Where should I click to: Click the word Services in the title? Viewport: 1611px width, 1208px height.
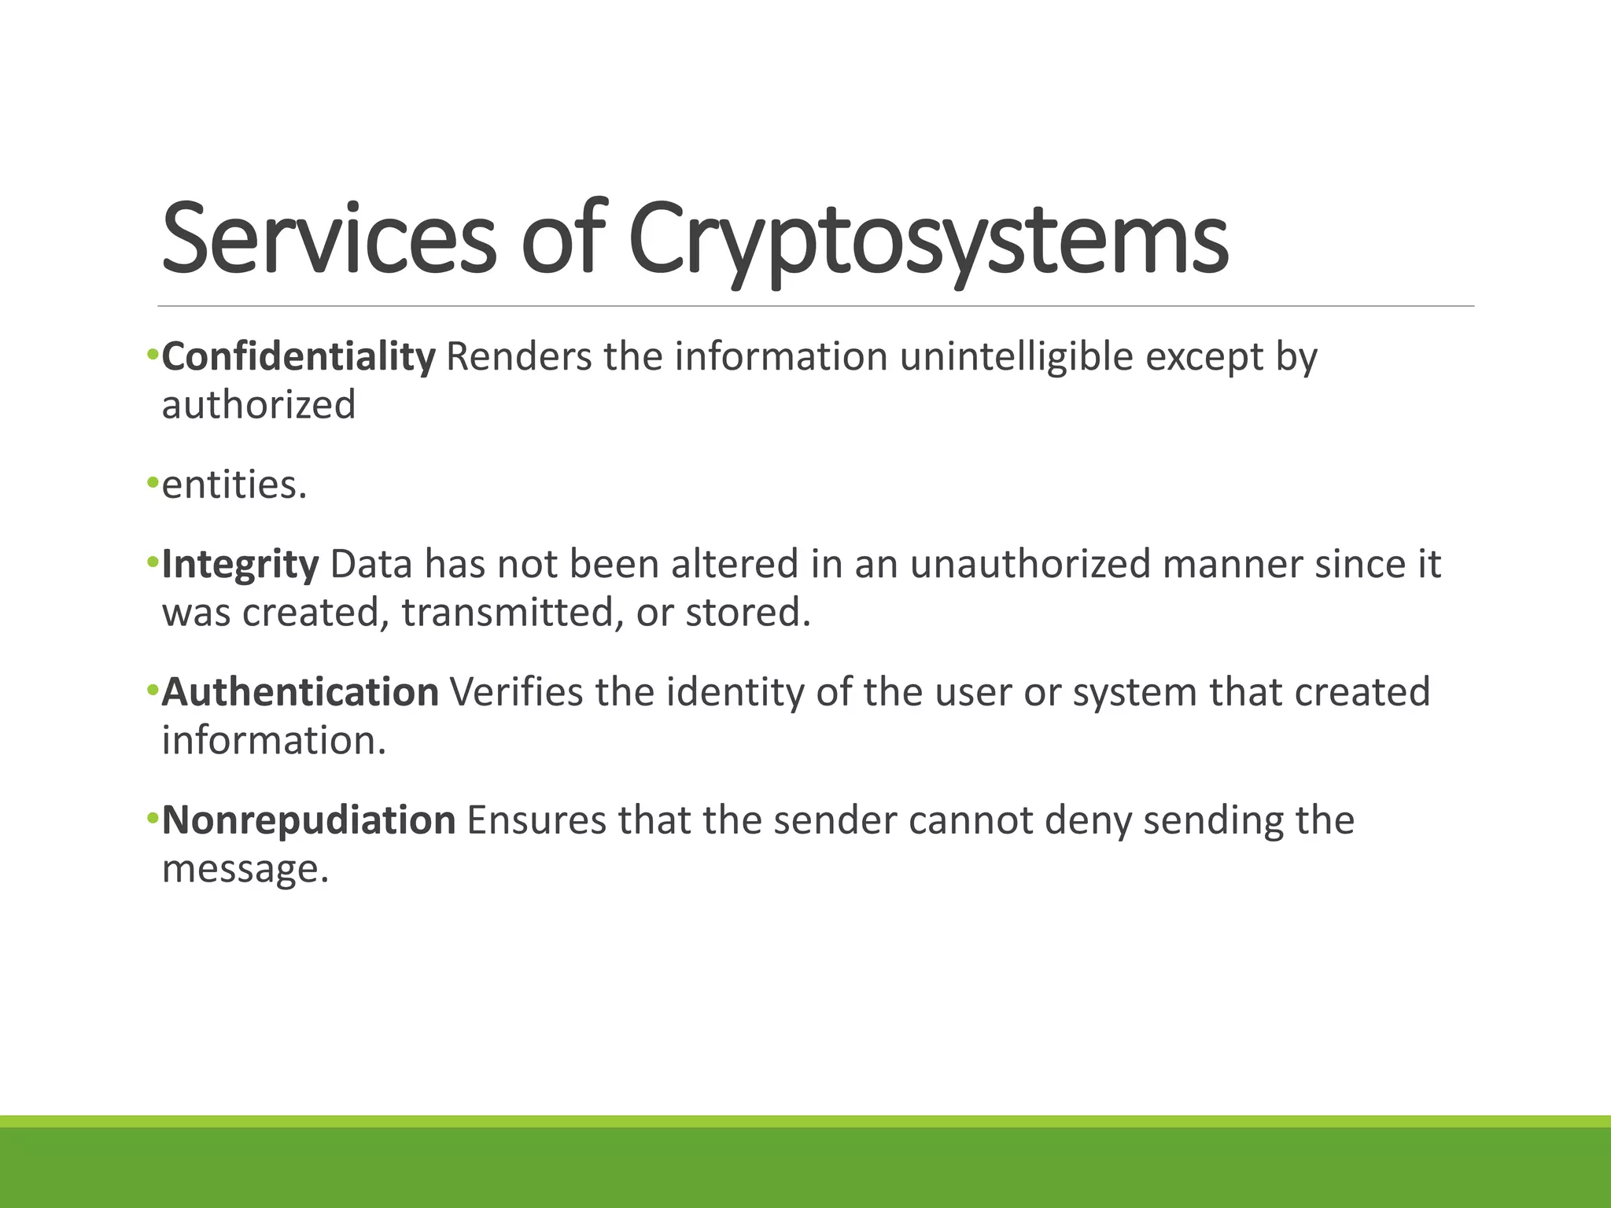point(328,238)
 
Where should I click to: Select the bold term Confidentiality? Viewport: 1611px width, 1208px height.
point(298,357)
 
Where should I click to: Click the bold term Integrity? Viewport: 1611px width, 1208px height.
point(240,565)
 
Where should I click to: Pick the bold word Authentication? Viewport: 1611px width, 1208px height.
point(300,693)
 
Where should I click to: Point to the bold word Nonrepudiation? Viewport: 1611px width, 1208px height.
point(308,820)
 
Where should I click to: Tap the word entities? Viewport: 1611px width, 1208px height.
point(234,485)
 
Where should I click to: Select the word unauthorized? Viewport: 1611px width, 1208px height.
point(1030,565)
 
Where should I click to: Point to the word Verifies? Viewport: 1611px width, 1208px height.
point(516,693)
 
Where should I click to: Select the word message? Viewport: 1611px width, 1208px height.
point(245,869)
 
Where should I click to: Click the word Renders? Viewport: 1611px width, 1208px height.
point(518,357)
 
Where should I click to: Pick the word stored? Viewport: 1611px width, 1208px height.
point(747,613)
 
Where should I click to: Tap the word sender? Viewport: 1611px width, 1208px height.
point(835,820)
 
